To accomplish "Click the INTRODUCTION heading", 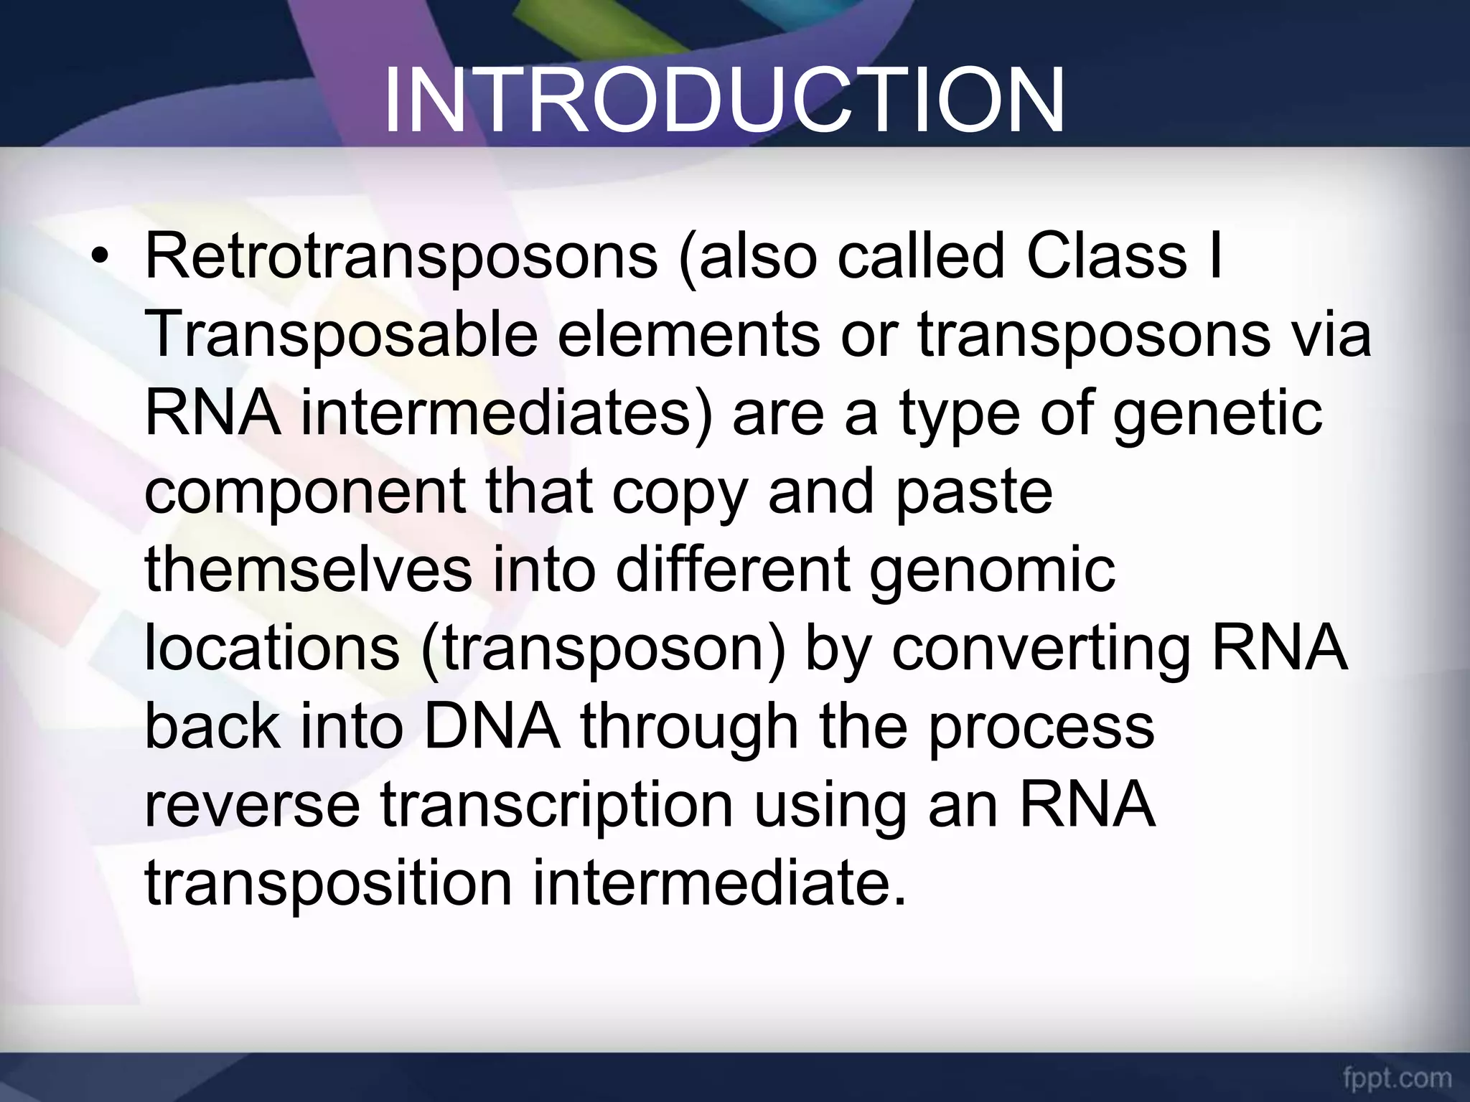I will pyautogui.click(x=724, y=102).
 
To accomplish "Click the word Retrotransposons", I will pyautogui.click(x=401, y=258).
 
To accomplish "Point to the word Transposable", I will pyautogui.click(x=341, y=336).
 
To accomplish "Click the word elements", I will pyautogui.click(x=688, y=336).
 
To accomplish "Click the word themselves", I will pyautogui.click(x=309, y=570).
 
